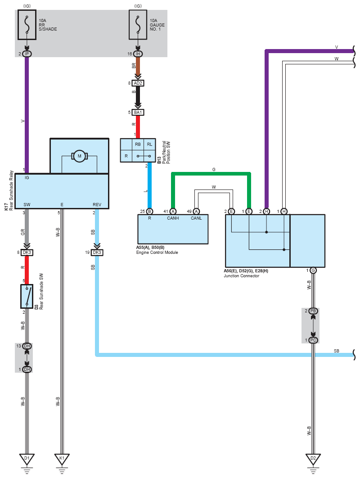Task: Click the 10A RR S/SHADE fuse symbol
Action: pos(27,25)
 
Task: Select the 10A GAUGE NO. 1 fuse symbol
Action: pos(138,25)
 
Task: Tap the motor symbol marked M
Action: pos(79,156)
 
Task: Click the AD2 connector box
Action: pos(138,83)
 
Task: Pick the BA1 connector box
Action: pos(138,113)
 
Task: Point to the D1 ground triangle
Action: pos(27,459)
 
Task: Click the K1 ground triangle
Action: pos(62,459)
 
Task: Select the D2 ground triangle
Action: pos(313,459)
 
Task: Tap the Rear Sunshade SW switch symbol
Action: pos(27,296)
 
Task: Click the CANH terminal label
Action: pos(173,218)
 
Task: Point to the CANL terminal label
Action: pos(196,218)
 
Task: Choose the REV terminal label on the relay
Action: pos(97,204)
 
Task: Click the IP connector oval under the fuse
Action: pos(27,54)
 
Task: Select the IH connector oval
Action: pos(138,54)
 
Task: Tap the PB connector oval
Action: pos(313,311)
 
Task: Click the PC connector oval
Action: pos(313,340)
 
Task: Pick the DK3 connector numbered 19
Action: pos(97,253)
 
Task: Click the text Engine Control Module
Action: pos(157,253)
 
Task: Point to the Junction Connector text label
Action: pos(241,276)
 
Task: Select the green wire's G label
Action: pos(214,170)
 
